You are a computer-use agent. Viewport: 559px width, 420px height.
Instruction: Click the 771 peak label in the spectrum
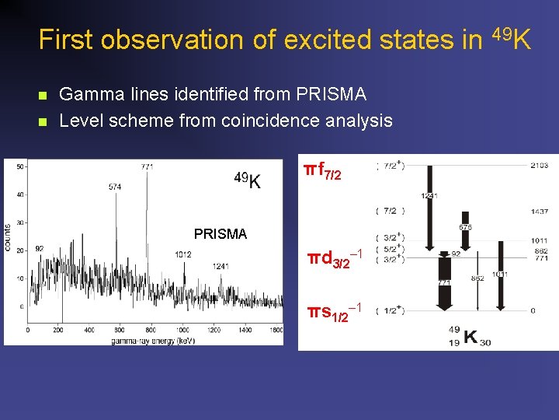coord(147,166)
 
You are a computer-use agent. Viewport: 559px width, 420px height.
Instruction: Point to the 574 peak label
coord(116,187)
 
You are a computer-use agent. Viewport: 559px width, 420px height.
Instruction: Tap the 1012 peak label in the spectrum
coord(183,254)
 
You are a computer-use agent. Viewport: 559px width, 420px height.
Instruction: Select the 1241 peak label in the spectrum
coord(220,266)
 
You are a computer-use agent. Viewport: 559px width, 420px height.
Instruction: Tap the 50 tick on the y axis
coord(19,166)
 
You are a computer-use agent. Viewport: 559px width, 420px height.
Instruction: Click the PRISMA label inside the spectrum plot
coord(220,233)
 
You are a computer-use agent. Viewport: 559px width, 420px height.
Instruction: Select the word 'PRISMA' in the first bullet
coord(332,95)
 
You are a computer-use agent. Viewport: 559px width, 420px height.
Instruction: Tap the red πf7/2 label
coord(322,170)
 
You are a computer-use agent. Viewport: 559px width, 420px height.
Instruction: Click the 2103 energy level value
coord(540,165)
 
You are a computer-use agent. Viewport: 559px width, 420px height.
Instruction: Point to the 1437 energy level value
coord(540,212)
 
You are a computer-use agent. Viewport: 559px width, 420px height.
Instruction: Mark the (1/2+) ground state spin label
coord(390,311)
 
